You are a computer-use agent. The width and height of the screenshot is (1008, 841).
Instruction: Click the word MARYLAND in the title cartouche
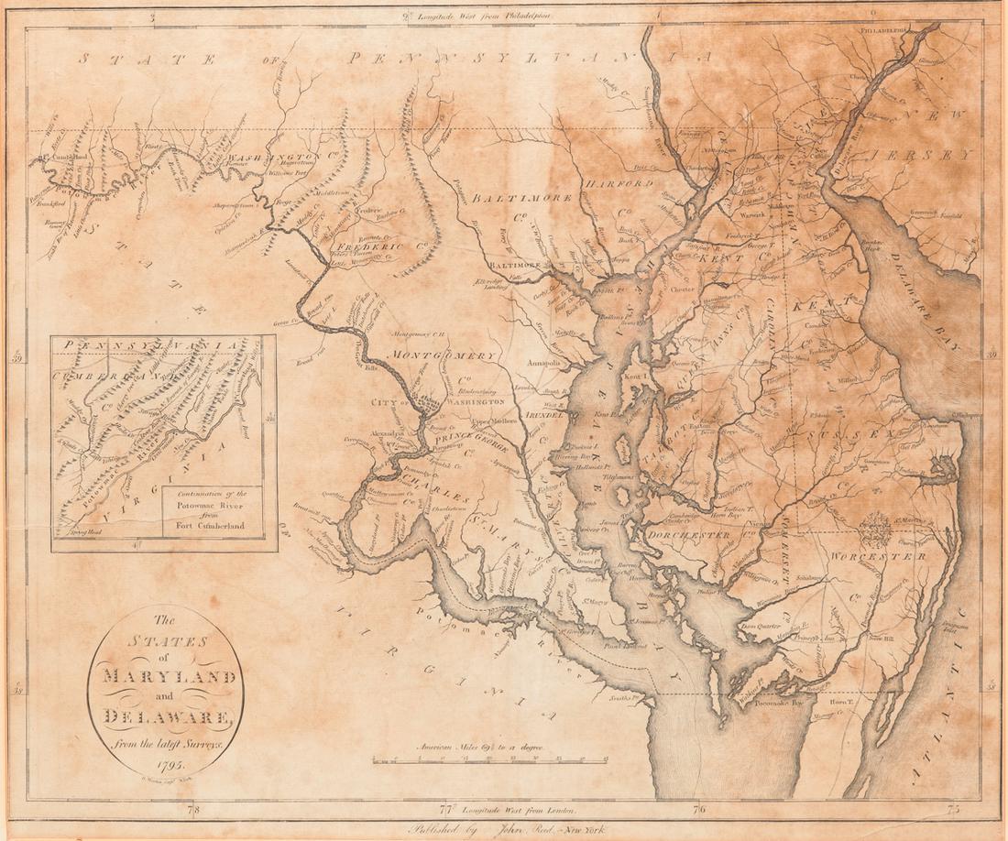click(x=166, y=679)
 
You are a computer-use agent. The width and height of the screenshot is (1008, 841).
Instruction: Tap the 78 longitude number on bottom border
click(x=192, y=810)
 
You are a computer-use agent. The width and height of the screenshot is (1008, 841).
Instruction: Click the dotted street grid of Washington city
click(x=425, y=399)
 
